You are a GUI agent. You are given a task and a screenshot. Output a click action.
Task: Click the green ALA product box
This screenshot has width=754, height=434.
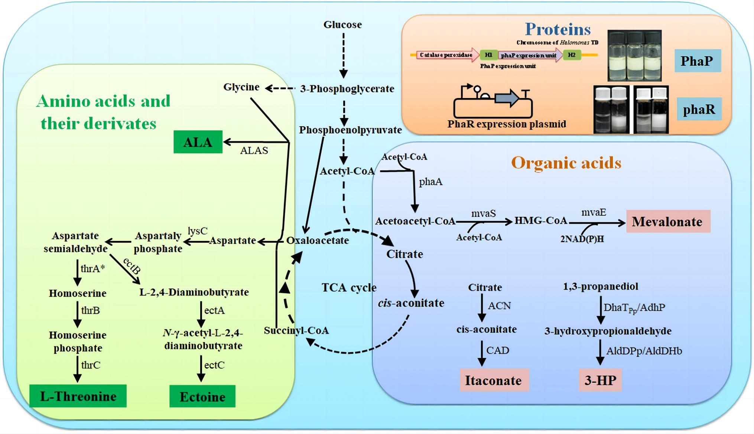(198, 142)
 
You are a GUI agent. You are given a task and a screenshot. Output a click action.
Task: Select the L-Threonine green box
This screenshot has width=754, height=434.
(78, 396)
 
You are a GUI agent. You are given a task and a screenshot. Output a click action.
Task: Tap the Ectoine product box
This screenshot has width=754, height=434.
(202, 397)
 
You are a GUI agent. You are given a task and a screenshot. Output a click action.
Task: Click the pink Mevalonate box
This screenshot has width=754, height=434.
(668, 222)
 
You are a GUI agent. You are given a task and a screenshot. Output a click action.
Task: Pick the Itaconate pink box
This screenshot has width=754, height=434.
(494, 380)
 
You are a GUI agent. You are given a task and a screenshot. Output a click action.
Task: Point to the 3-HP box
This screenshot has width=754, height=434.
(600, 380)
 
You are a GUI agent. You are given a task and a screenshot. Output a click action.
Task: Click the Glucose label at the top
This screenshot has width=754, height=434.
(342, 25)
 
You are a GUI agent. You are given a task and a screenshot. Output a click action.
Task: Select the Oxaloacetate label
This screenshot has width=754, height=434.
(318, 240)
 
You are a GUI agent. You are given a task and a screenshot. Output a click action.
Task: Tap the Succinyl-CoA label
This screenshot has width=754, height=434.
(296, 330)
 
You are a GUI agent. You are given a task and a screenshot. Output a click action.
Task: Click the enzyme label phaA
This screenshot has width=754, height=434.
(430, 182)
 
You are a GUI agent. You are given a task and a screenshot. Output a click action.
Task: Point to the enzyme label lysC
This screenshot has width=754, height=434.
(197, 231)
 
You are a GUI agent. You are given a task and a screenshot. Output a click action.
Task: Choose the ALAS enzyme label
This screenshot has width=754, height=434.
(254, 150)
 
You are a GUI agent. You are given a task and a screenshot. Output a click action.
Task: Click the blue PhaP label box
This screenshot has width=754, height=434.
(697, 61)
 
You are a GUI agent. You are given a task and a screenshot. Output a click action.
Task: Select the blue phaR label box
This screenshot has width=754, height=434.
(699, 109)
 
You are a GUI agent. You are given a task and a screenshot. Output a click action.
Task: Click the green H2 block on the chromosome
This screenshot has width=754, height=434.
(572, 55)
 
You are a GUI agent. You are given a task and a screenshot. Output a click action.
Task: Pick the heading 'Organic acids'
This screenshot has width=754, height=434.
(566, 163)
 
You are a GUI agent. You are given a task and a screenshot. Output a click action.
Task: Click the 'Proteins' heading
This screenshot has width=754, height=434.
(558, 29)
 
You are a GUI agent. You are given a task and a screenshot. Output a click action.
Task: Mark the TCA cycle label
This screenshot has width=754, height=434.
(349, 287)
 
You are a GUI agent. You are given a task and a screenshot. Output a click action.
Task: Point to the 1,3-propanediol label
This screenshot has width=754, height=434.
(600, 286)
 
